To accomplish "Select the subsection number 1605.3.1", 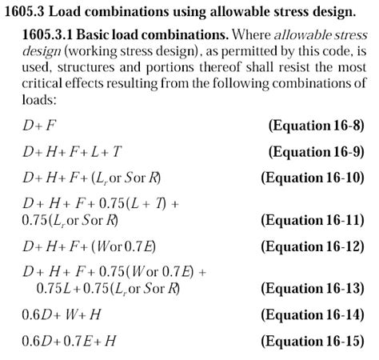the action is (x=51, y=38).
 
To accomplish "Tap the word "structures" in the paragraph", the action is (x=96, y=67).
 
